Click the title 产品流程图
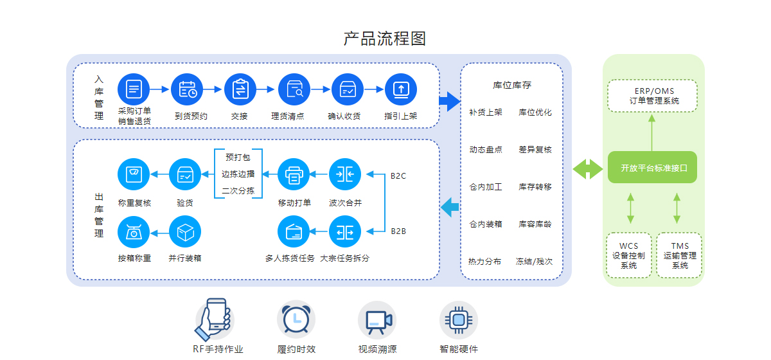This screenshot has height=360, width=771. pyautogui.click(x=385, y=39)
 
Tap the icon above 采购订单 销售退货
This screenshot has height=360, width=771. pyautogui.click(x=134, y=89)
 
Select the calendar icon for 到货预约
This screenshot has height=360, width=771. pyautogui.click(x=187, y=89)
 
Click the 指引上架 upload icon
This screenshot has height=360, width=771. pyautogui.click(x=401, y=89)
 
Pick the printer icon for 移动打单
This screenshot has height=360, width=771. pyautogui.click(x=294, y=174)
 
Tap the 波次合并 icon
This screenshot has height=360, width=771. pyautogui.click(x=345, y=174)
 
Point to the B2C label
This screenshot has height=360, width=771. pyautogui.click(x=398, y=175)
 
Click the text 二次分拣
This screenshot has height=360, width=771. pyautogui.click(x=238, y=191)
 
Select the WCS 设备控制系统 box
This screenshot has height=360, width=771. pyautogui.click(x=629, y=255)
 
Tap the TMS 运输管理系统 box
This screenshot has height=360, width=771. pyautogui.click(x=679, y=255)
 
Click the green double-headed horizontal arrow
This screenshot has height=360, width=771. pyautogui.click(x=587, y=169)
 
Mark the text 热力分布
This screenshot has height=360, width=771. pyautogui.click(x=485, y=262)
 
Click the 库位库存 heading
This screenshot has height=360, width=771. pyautogui.click(x=512, y=85)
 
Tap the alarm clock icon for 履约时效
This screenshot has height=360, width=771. pyautogui.click(x=296, y=319)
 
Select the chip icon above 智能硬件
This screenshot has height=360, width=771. pyautogui.click(x=458, y=319)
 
